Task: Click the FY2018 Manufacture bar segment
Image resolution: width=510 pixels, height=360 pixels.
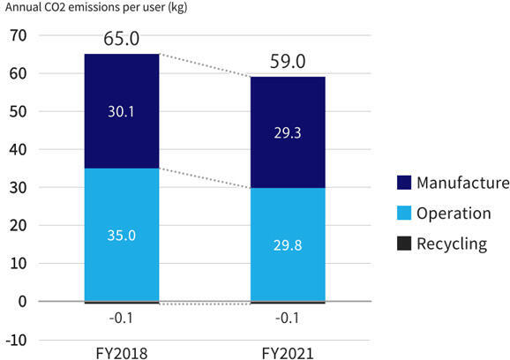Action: [x=121, y=88]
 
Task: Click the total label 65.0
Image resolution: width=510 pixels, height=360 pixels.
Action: [x=121, y=38]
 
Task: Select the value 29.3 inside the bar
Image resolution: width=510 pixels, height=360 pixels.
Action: [x=288, y=132]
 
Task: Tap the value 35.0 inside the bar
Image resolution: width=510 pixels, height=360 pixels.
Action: [x=121, y=237]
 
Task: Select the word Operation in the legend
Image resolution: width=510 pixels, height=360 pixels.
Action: [x=454, y=214]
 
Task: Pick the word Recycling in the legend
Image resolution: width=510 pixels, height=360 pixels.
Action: [x=452, y=244]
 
